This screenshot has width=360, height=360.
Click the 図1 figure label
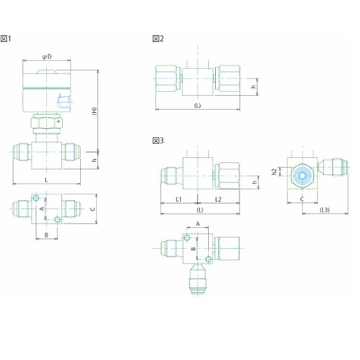(6, 39)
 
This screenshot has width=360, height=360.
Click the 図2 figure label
(158, 39)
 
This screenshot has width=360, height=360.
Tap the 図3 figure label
(158, 140)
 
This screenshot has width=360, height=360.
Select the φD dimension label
(47, 57)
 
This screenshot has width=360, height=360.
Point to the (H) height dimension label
(94, 111)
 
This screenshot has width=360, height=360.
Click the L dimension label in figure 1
(46, 180)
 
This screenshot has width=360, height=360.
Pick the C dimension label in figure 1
(93, 209)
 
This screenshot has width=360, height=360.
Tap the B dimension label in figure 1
(47, 235)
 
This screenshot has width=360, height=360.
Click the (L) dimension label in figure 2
(197, 105)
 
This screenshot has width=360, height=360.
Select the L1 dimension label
(179, 199)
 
